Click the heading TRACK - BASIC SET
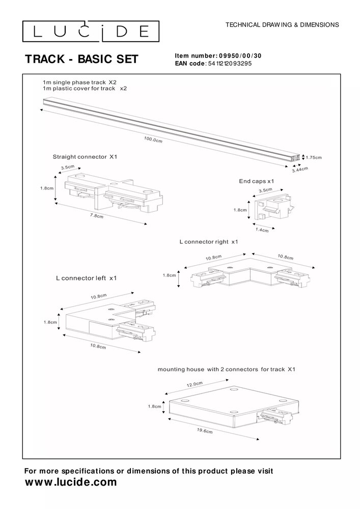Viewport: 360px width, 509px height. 81,60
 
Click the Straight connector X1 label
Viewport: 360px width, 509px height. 85,157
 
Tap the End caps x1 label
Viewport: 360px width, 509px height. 257,181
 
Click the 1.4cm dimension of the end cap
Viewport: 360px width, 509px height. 262,231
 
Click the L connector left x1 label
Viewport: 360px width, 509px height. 87,278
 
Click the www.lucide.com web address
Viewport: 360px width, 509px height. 71,482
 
